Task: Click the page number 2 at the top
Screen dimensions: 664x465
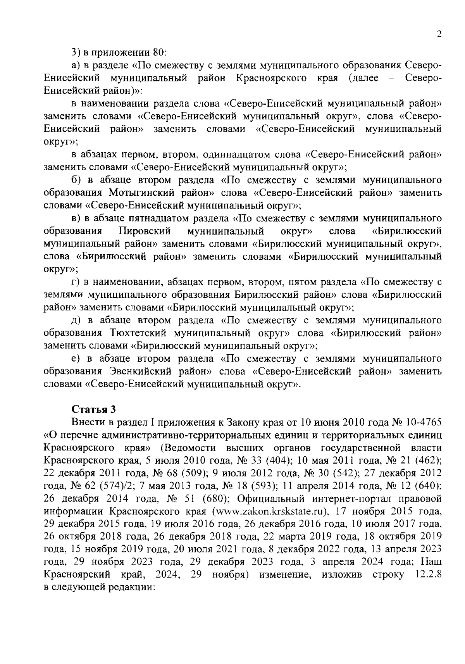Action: click(439, 34)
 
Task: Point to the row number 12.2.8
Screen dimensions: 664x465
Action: click(429, 575)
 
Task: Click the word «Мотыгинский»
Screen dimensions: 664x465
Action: click(143, 193)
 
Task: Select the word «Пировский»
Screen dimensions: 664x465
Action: click(145, 231)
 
